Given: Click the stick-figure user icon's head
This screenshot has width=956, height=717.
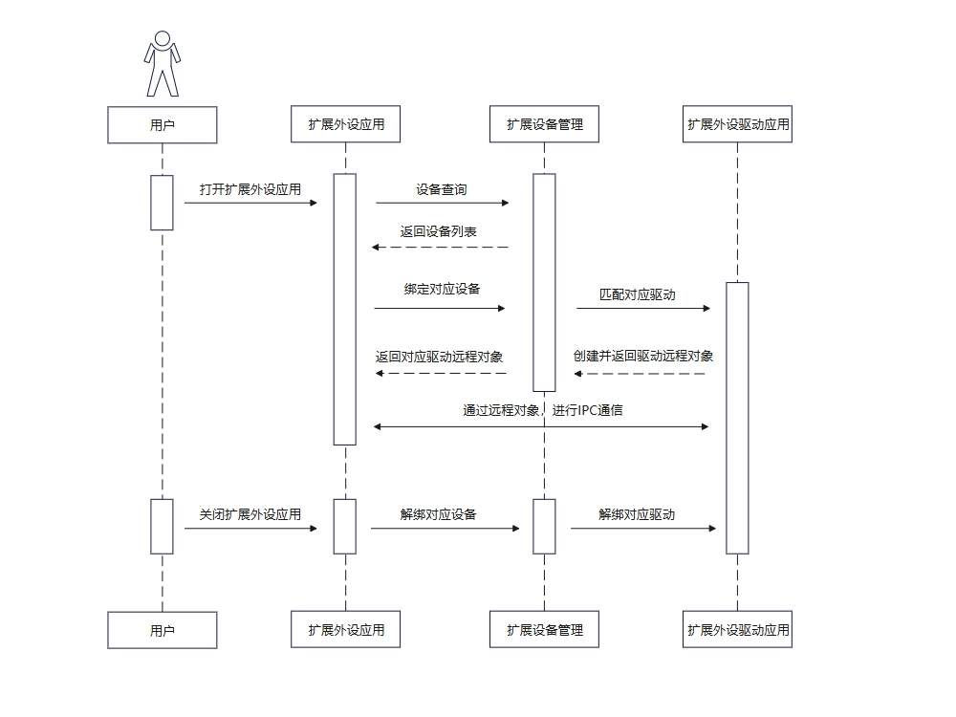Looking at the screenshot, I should [163, 38].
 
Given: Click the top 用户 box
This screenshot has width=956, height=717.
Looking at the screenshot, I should [163, 124].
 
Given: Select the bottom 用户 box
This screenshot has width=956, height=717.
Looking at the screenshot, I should [163, 631].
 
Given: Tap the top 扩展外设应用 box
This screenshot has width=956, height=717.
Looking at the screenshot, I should [346, 124].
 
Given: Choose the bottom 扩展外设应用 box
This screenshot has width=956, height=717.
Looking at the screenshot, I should [346, 631].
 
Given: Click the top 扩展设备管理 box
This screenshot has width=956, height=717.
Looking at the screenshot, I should [545, 124].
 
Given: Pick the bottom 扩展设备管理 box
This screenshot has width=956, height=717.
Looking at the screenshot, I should [545, 631].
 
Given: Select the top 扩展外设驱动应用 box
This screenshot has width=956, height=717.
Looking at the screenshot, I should [738, 124].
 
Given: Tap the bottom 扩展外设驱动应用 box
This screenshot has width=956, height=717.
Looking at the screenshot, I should [738, 631].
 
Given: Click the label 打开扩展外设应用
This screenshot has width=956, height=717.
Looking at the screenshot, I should [250, 189].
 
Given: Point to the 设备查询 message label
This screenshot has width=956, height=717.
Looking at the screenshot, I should [442, 189].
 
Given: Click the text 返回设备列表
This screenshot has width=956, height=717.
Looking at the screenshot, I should [439, 232].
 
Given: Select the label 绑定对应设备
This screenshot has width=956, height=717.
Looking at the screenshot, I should [442, 290].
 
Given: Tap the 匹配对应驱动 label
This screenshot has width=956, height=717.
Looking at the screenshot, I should [638, 294].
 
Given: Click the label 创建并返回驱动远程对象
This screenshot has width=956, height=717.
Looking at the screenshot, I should [643, 356].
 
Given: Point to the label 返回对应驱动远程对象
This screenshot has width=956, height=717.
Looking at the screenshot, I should [440, 357].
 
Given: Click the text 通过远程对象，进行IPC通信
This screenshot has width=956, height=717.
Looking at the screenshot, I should [543, 411].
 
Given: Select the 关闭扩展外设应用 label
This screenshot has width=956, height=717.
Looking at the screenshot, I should [250, 514].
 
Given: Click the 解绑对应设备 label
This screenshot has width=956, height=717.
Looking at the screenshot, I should [439, 514].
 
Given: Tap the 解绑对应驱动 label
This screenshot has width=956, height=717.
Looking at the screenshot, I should [637, 514].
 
